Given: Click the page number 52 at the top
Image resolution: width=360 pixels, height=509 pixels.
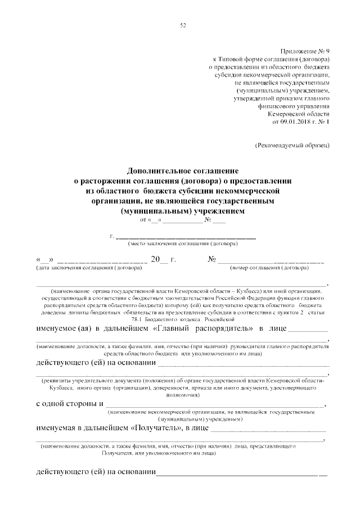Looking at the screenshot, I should (x=183, y=25).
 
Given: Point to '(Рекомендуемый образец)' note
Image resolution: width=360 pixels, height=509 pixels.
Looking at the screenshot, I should (x=292, y=145).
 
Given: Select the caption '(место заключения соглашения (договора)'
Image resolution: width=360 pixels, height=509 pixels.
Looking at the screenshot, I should (x=183, y=244).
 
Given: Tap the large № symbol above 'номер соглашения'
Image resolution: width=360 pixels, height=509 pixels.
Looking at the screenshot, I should (x=213, y=259).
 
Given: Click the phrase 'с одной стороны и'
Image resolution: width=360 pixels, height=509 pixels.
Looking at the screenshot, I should (x=69, y=403).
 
